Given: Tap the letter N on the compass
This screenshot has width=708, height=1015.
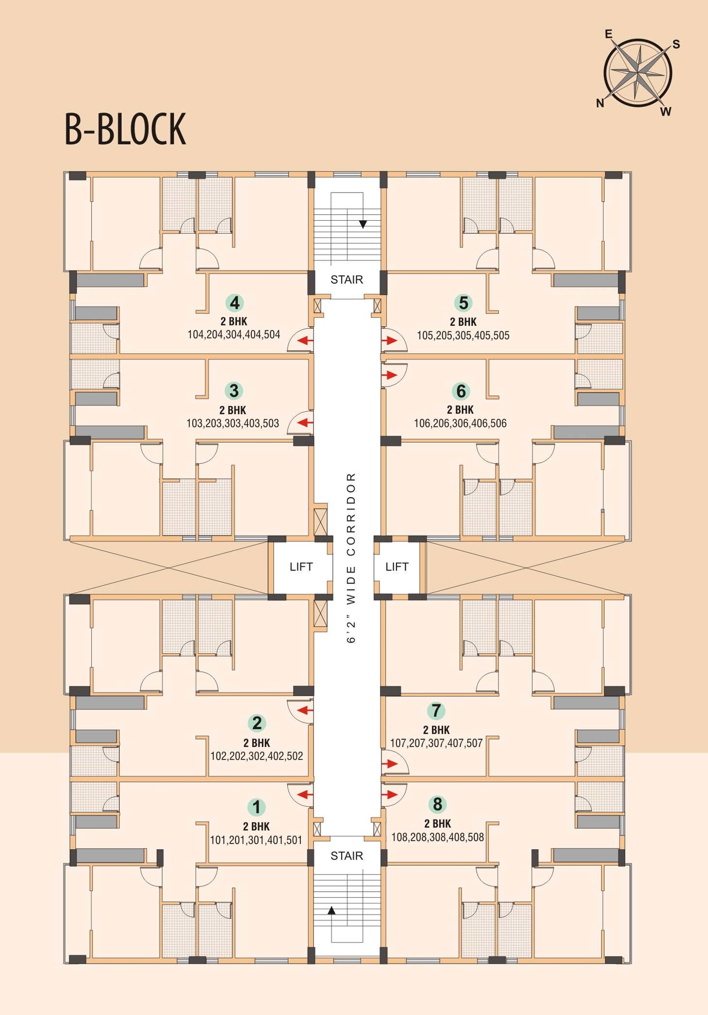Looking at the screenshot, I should click(x=600, y=103).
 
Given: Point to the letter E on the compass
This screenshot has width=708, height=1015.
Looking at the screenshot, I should click(x=609, y=34).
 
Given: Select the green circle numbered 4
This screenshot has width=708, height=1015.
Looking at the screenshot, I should click(x=234, y=303).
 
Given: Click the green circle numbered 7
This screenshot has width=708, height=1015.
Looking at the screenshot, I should click(x=436, y=710).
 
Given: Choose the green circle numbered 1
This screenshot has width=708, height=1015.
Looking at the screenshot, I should click(x=256, y=807).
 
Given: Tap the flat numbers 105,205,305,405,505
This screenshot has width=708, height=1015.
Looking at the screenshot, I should click(x=463, y=335).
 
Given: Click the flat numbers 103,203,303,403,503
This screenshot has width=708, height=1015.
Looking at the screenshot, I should click(x=232, y=423).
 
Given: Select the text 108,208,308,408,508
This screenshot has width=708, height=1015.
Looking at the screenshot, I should click(x=437, y=837).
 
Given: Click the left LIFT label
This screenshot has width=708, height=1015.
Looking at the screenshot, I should click(x=301, y=566).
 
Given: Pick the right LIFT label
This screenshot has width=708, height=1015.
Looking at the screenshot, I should click(x=396, y=566).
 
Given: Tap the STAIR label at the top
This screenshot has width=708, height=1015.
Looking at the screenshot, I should click(x=346, y=280).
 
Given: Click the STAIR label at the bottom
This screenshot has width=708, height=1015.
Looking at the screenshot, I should click(x=346, y=856).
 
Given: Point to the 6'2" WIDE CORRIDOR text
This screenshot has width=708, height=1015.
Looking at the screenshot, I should click(x=351, y=558).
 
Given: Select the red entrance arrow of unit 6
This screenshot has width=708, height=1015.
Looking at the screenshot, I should click(x=390, y=375).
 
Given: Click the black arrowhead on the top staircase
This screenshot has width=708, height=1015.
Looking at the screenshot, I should click(x=362, y=224).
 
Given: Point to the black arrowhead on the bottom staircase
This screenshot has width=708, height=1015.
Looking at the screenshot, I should click(x=331, y=911).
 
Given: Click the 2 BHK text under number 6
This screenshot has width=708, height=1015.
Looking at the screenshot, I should click(x=460, y=410).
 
